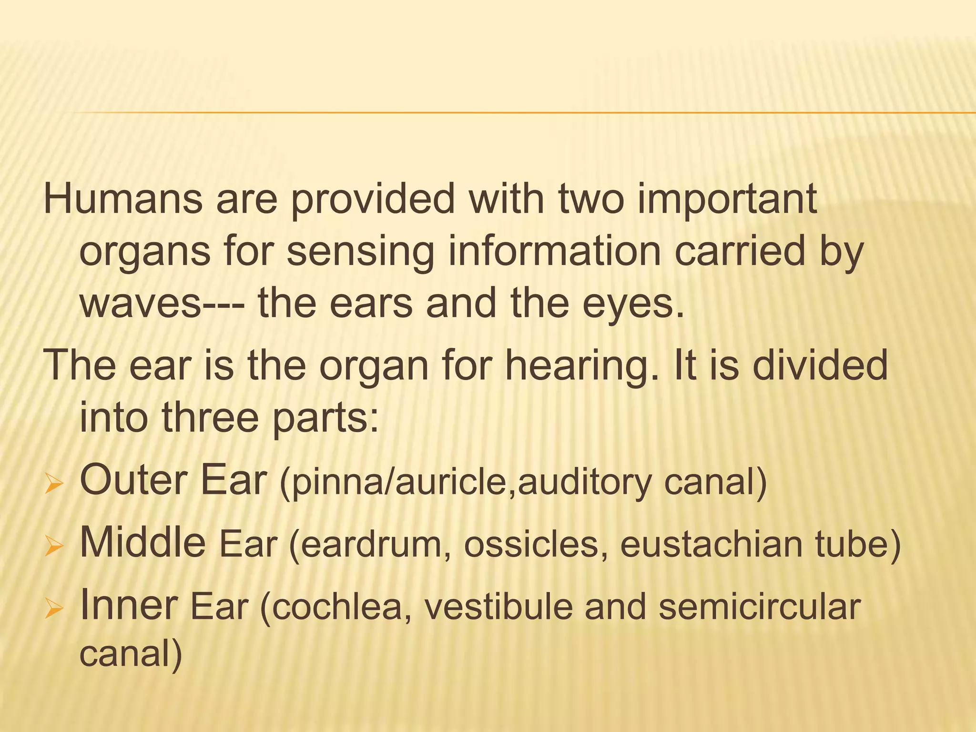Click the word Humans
123,200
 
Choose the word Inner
129,605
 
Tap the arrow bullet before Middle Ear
53,548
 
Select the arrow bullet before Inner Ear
53,610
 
